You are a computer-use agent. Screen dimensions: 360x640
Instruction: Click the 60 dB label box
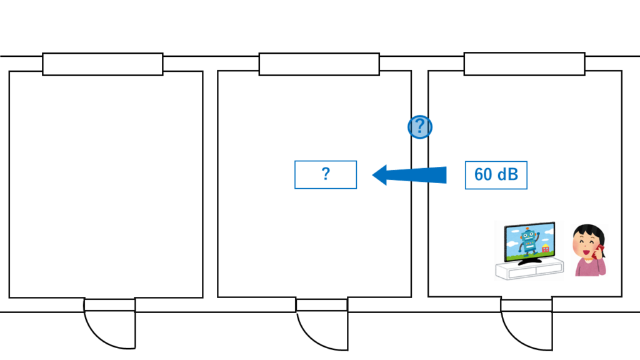[496, 175]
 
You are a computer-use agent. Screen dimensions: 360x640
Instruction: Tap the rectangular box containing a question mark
[325, 174]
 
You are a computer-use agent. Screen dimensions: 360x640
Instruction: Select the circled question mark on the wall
[420, 127]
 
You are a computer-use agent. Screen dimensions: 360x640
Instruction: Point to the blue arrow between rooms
[412, 175]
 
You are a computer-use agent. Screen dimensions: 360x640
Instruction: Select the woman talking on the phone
[589, 250]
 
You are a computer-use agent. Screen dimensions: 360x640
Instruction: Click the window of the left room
[102, 64]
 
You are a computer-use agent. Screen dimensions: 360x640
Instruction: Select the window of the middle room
[319, 64]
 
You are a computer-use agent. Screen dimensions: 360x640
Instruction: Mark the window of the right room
[524, 64]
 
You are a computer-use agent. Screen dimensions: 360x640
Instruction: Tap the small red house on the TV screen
[545, 249]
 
